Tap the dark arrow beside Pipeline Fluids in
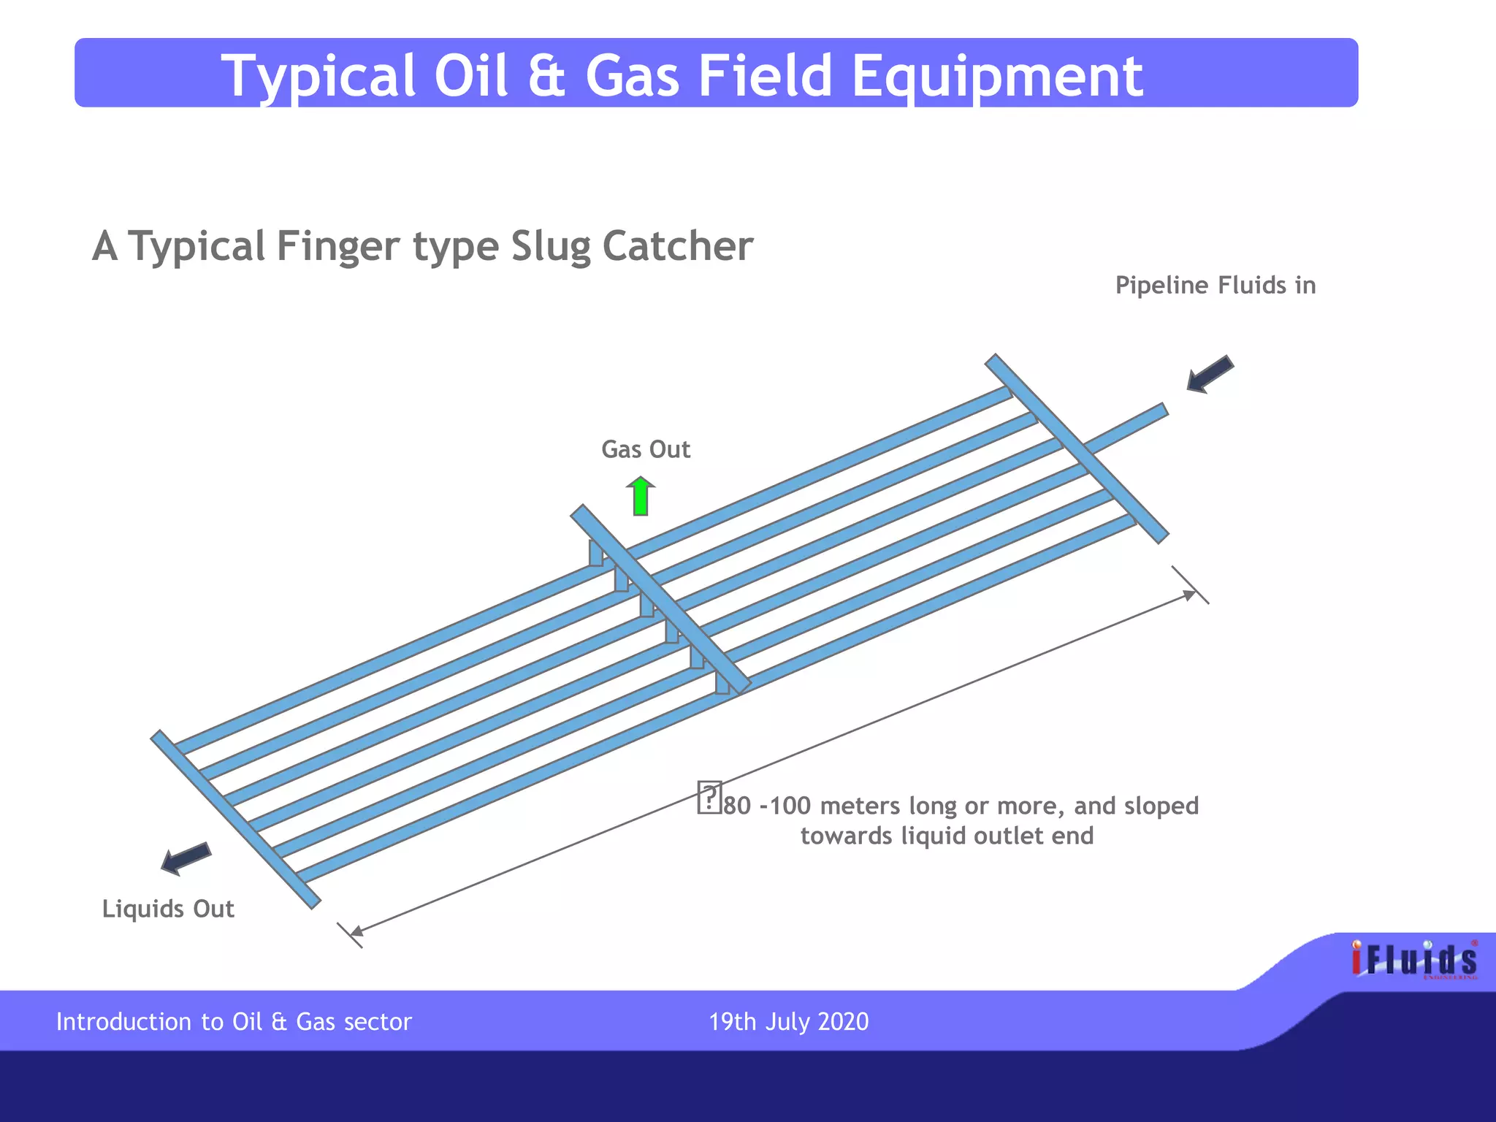1210,375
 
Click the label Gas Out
646,449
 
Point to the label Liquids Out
168,909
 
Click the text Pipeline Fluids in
1215,286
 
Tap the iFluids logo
1414,960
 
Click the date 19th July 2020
789,1021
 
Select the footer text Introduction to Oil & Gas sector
234,1021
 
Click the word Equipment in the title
997,76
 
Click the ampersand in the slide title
546,76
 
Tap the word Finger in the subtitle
338,246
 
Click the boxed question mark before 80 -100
709,797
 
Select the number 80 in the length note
737,806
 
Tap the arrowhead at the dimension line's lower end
356,931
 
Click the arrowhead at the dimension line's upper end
1189,595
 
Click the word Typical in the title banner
318,76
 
